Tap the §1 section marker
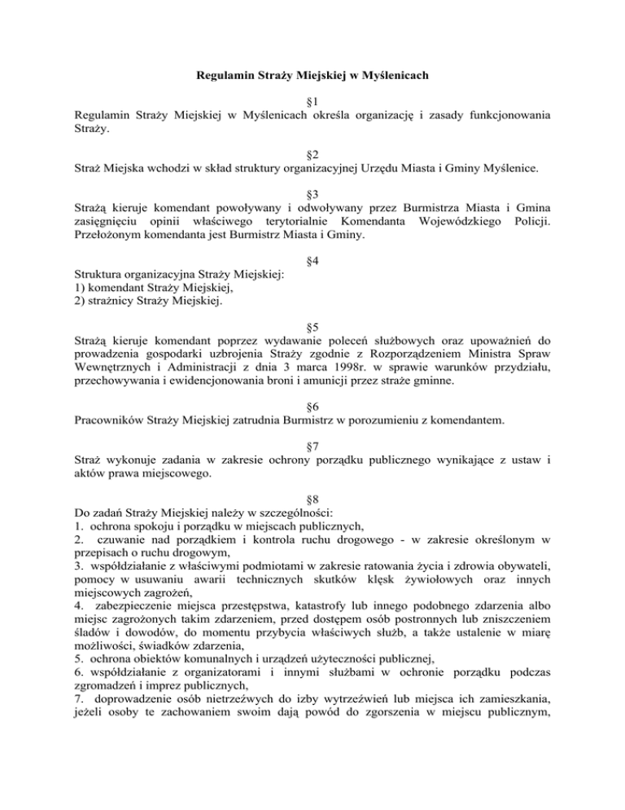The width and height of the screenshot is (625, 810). (x=312, y=102)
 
